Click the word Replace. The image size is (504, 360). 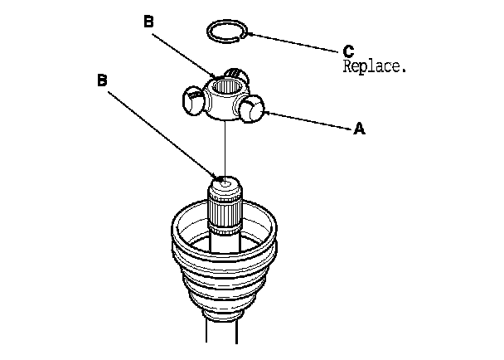click(x=375, y=66)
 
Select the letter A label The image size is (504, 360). click(x=359, y=129)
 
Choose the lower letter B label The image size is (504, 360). click(x=102, y=80)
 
